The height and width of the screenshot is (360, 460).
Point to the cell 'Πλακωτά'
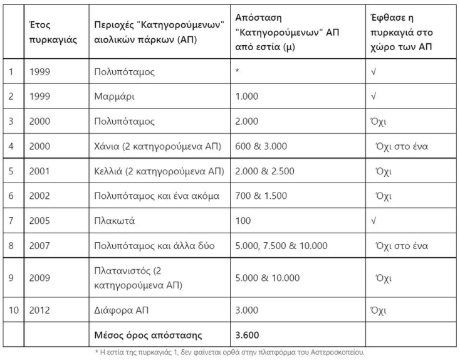pos(115,220)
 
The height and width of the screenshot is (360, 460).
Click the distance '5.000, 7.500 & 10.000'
pos(281,245)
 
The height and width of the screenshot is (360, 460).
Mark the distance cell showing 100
pos(243,220)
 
